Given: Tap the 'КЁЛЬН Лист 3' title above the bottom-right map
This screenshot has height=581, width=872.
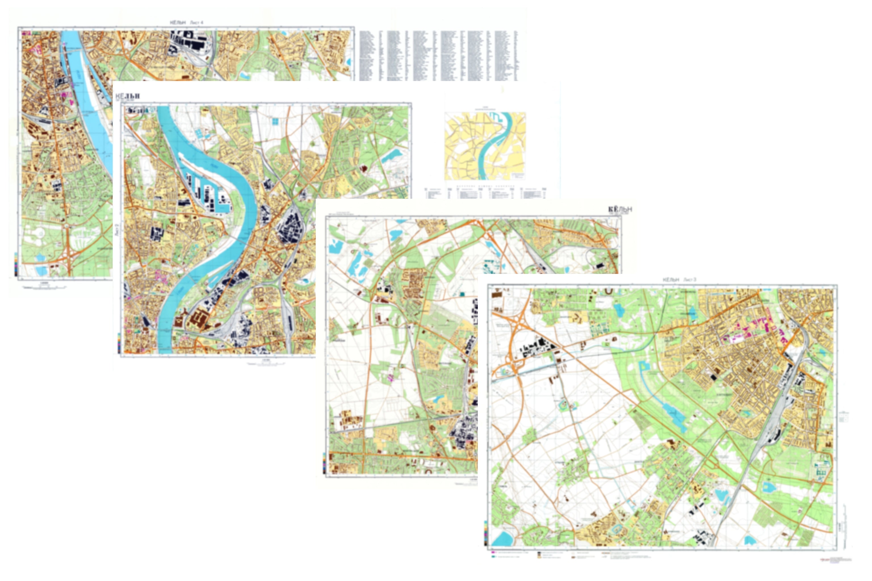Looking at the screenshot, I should tap(679, 279).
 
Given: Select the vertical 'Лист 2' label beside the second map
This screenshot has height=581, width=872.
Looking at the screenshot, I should tap(117, 230).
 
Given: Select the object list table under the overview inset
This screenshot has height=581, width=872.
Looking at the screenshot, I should tap(486, 193).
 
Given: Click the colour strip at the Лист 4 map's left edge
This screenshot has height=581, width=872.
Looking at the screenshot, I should tap(16, 264).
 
